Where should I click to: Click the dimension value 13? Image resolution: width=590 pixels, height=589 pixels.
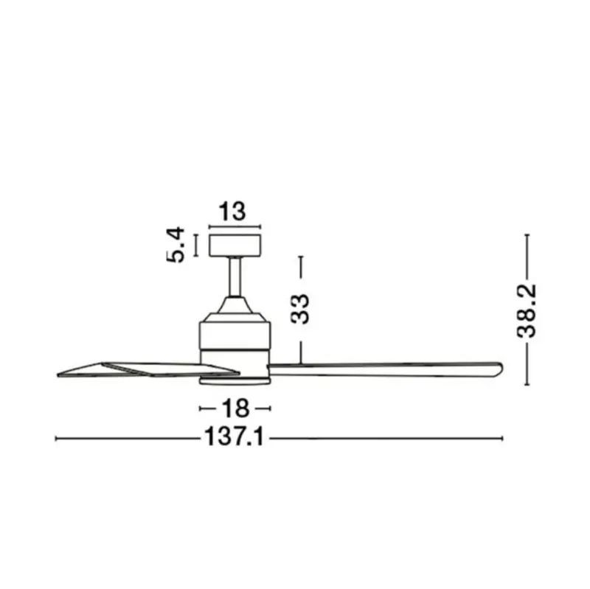pos(232,212)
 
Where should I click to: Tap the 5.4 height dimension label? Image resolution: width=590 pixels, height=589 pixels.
pos(176,245)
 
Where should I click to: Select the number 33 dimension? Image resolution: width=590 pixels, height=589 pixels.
pos(300,309)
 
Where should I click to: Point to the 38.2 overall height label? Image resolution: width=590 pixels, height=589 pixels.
pos(526,311)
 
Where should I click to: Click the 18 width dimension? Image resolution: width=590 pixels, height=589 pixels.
pos(235,408)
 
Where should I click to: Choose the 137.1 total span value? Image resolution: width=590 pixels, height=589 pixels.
pos(234,437)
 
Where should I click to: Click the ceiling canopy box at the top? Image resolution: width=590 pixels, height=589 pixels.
pos(235,245)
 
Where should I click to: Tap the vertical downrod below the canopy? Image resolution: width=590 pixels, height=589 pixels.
pos(235,277)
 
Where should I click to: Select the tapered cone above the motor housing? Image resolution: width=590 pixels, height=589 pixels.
pos(235,304)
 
